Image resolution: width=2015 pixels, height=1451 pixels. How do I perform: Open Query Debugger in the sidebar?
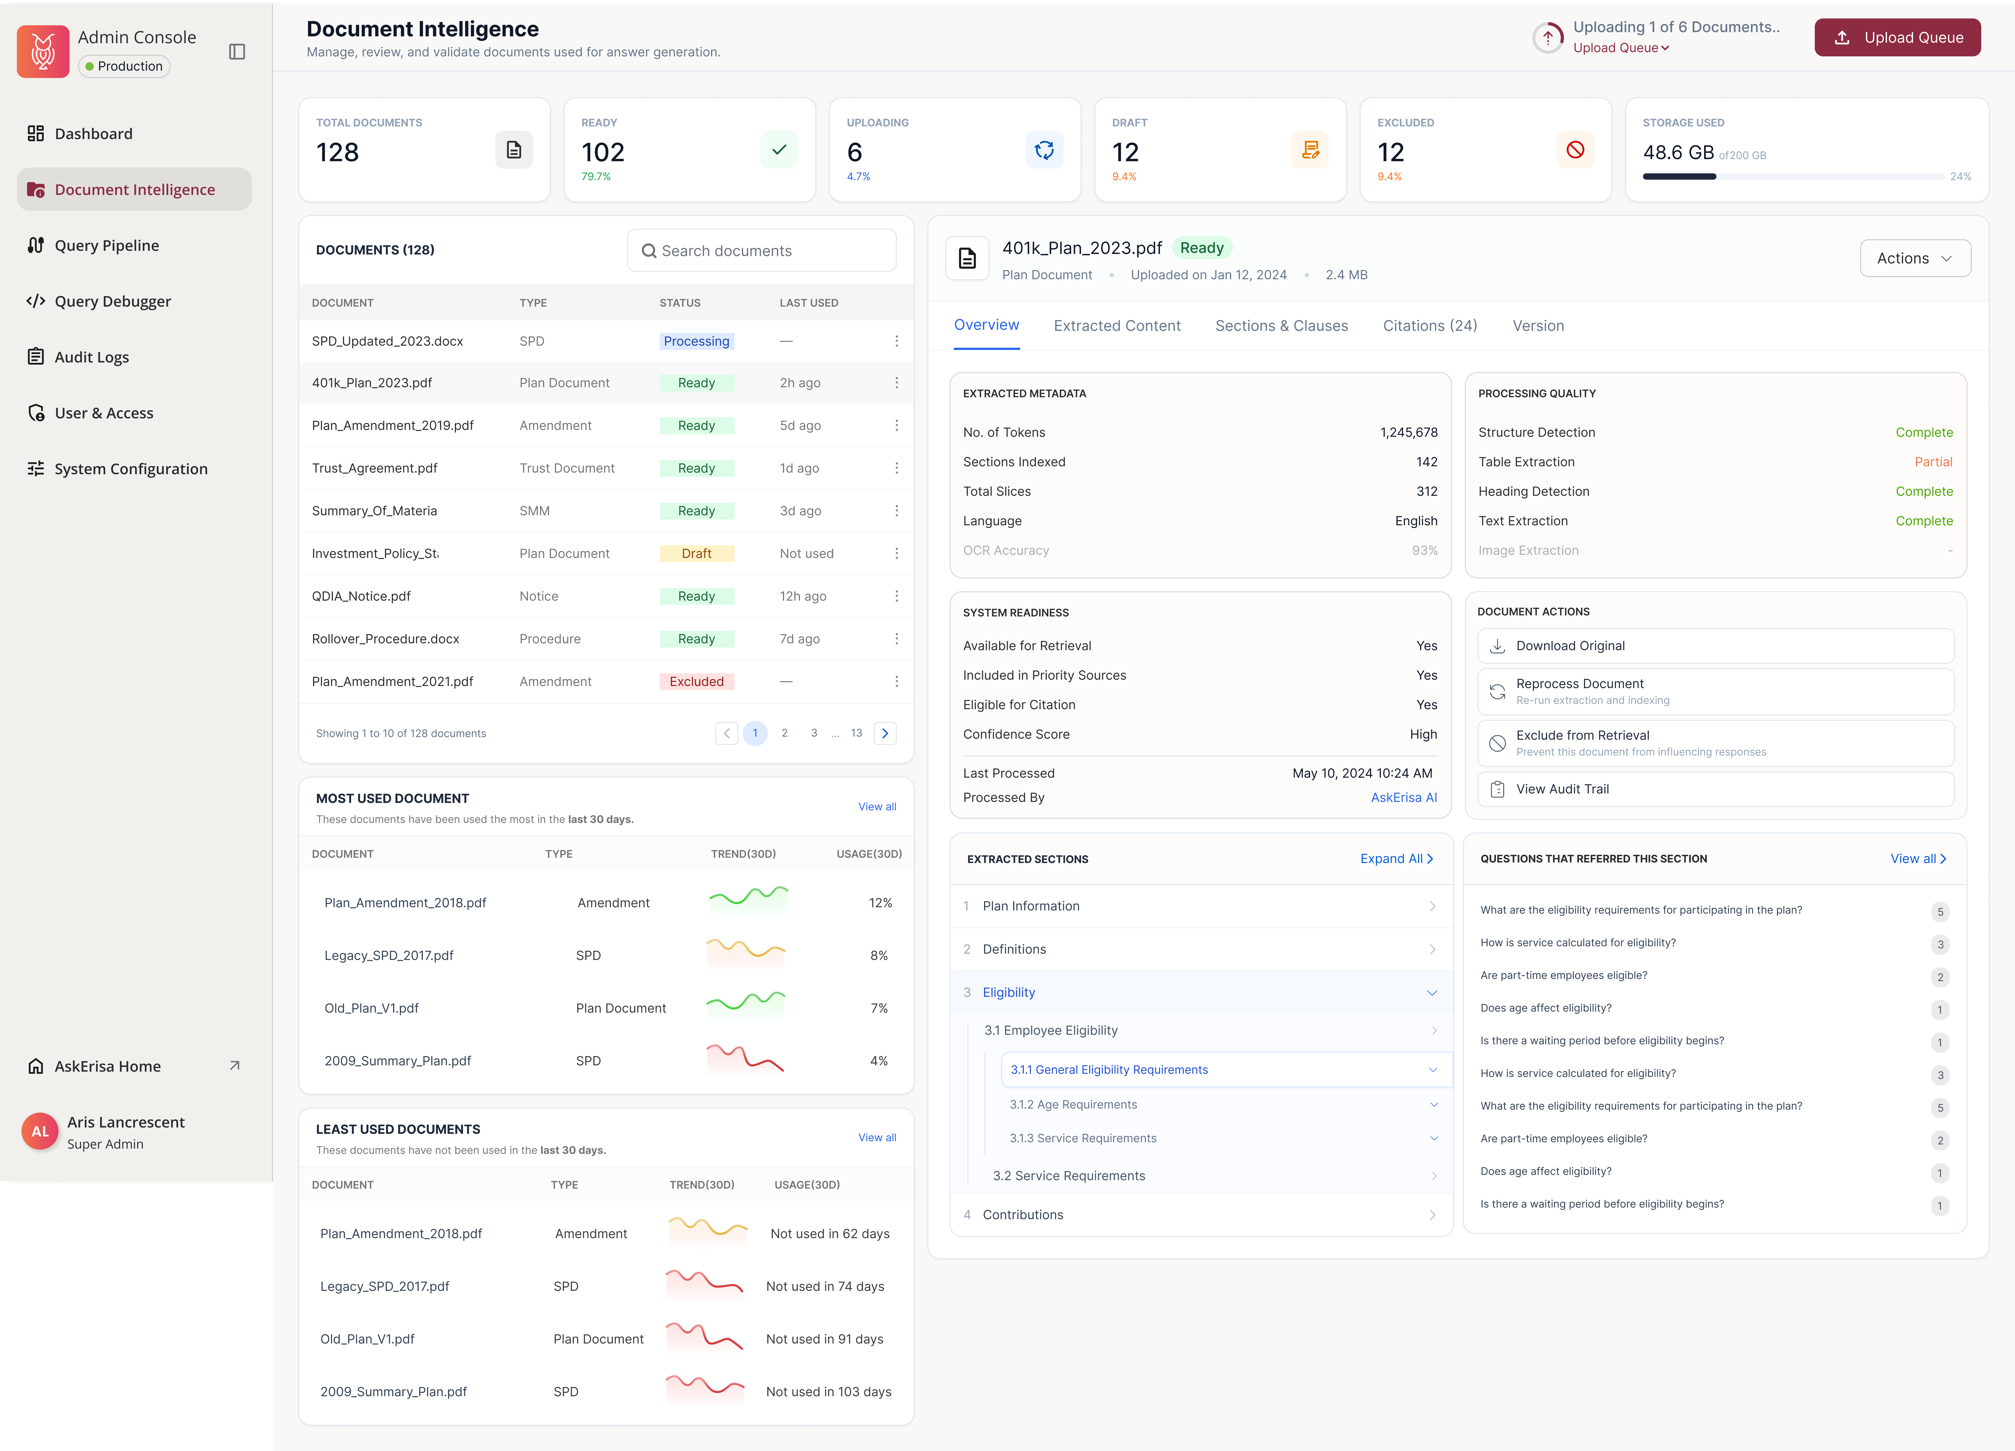click(113, 301)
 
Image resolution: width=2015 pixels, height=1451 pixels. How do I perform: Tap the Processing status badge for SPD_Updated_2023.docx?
click(697, 341)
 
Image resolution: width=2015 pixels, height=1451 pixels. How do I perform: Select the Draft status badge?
click(697, 553)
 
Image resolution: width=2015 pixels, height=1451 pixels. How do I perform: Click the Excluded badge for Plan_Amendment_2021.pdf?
click(697, 682)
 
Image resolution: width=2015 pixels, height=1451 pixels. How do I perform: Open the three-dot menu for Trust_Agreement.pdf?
click(896, 468)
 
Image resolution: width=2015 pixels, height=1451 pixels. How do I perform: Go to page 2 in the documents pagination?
click(785, 733)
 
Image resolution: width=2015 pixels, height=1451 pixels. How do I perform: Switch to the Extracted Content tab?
click(1117, 326)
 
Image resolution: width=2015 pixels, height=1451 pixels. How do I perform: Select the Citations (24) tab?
click(1430, 326)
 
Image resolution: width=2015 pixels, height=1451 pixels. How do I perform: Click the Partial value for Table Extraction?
click(1933, 462)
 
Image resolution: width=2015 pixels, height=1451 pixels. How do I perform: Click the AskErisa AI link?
click(1404, 798)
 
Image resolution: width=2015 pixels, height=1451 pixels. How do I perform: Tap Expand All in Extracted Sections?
click(1396, 858)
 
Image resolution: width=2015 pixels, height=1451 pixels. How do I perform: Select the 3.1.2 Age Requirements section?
click(1073, 1105)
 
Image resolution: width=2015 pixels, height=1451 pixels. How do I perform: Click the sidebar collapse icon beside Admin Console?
click(237, 52)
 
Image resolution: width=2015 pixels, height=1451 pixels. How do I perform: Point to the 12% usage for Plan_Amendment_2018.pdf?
click(881, 903)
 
